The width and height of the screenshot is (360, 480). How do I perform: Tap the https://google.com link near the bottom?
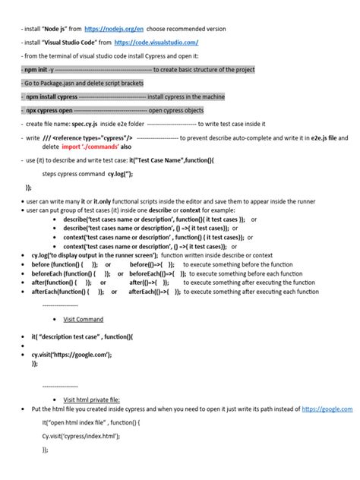(x=327, y=409)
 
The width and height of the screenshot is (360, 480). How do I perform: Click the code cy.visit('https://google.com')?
(x=71, y=354)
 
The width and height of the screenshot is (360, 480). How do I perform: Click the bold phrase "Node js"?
(x=59, y=28)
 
